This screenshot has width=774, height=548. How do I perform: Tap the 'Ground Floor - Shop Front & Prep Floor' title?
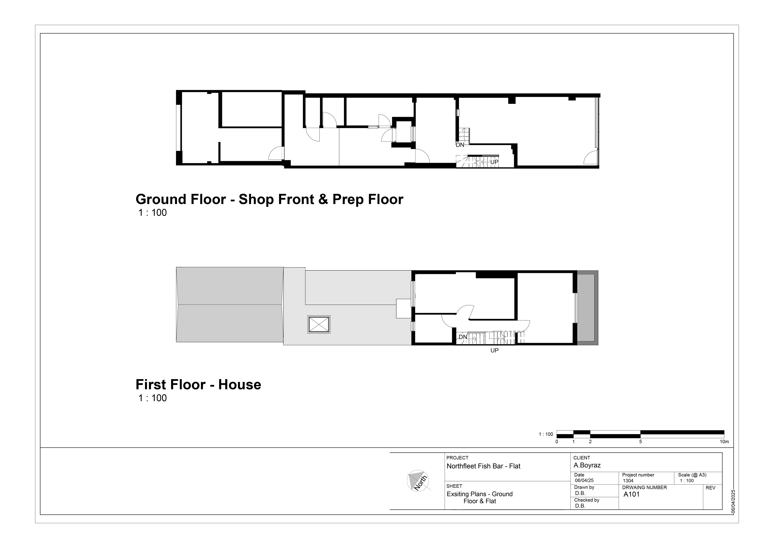point(269,199)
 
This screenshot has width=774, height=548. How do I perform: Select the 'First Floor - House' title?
point(198,385)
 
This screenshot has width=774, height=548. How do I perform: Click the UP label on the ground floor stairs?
point(494,162)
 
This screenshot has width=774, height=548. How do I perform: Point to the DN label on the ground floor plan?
point(460,145)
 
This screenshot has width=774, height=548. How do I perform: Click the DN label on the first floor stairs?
point(463,337)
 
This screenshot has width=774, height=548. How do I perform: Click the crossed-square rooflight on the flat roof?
point(319,325)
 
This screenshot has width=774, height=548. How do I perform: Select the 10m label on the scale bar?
point(724,442)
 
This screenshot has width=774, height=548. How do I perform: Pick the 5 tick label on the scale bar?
point(640,442)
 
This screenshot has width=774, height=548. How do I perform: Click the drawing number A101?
point(631,494)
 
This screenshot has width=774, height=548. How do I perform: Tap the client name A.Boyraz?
point(587,465)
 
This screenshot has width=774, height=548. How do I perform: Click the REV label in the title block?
point(710,488)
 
